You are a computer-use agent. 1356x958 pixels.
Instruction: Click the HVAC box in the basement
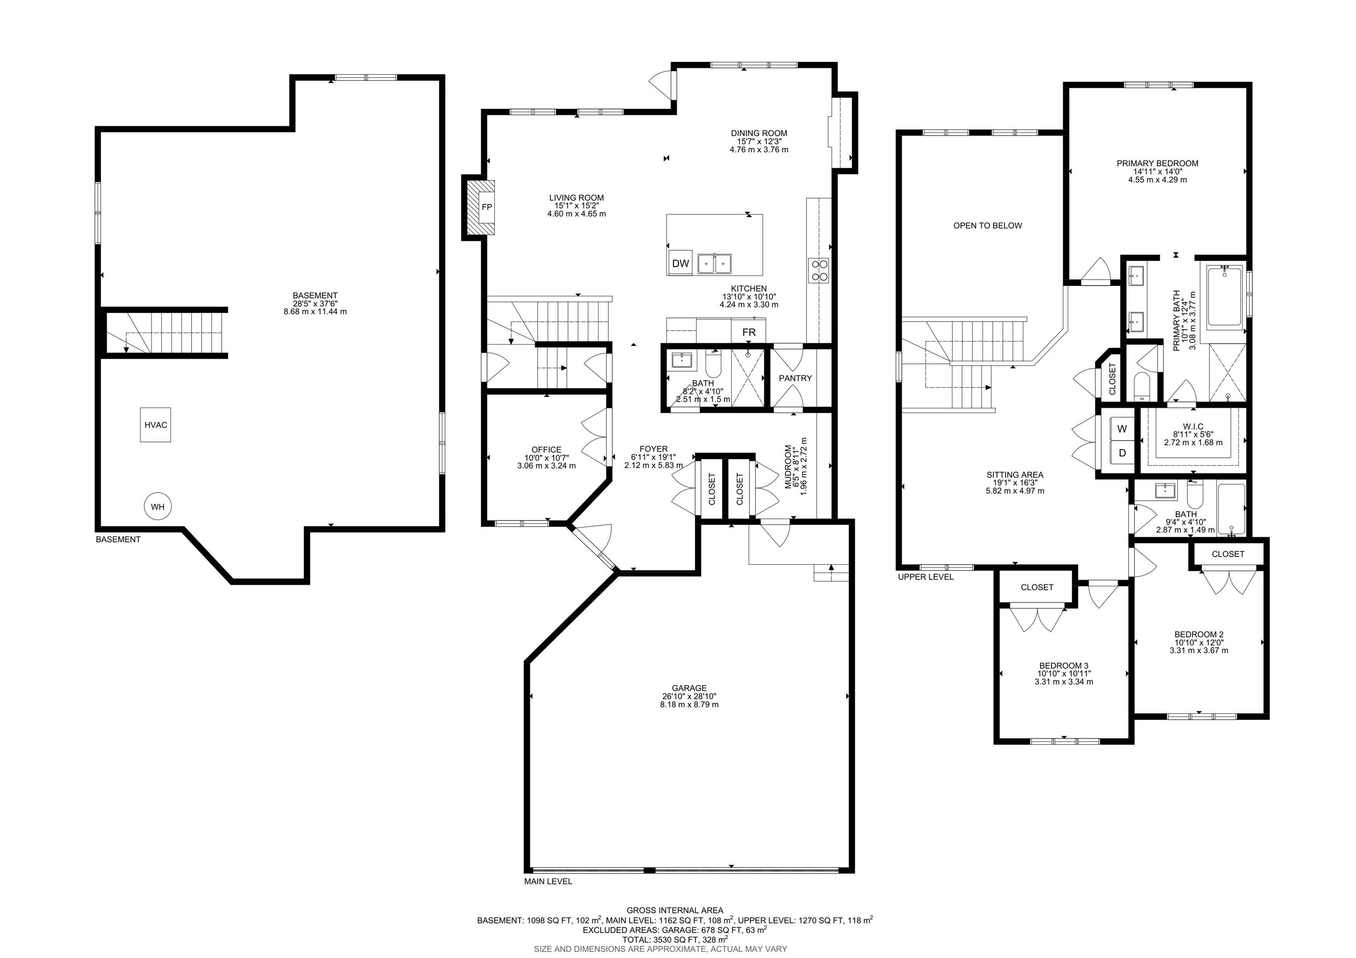156,425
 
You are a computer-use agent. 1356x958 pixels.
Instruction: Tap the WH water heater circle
157,507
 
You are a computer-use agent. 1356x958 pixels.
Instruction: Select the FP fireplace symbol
486,207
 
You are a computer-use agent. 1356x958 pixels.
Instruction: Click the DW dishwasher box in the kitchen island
680,264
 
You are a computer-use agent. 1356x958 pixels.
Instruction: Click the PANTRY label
795,378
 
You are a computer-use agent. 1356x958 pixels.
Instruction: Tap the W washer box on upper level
1122,430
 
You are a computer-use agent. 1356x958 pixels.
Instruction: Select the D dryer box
1122,453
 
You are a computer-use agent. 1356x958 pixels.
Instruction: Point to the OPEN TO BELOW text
987,226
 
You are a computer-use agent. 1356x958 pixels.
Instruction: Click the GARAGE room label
689,688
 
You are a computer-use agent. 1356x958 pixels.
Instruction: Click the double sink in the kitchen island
715,264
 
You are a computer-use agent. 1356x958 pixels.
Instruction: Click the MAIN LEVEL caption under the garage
548,898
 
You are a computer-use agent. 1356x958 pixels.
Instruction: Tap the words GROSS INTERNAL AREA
674,910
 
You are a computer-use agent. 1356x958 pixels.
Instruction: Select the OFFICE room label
546,449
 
